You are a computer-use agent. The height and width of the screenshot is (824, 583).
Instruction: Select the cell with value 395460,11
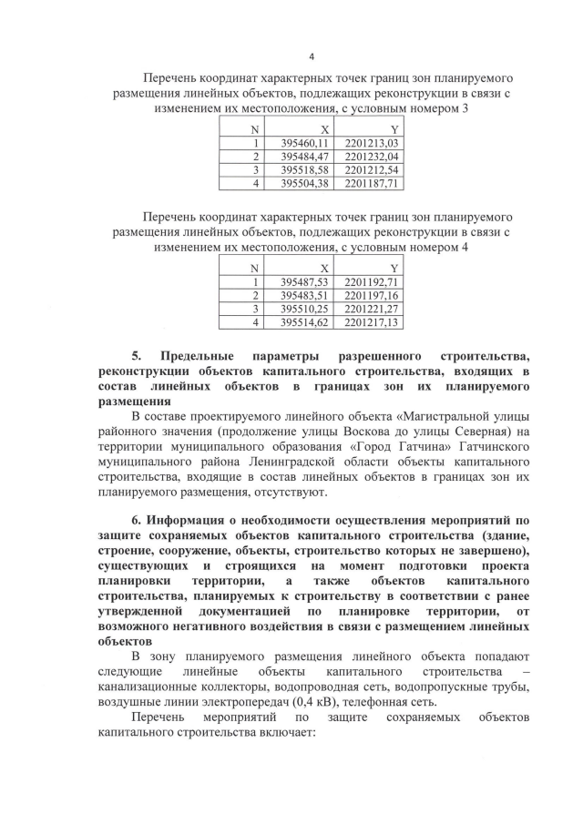tap(302, 143)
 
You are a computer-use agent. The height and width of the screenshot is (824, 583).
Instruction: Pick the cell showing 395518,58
tap(302, 169)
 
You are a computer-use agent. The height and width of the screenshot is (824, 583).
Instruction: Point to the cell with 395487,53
tap(302, 282)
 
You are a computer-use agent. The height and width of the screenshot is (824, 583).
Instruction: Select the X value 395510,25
tap(302, 309)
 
